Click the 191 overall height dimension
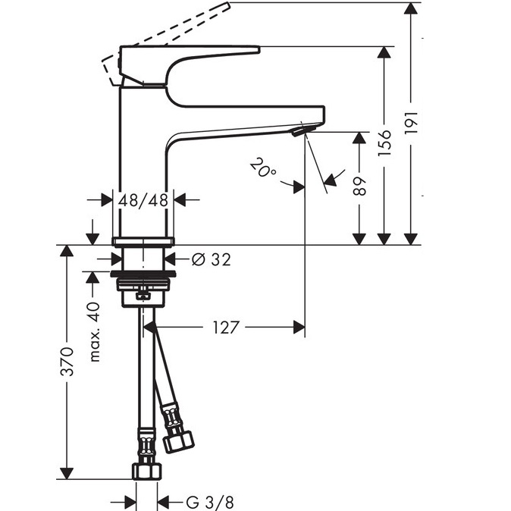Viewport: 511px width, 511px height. pyautogui.click(x=411, y=122)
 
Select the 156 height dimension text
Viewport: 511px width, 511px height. pyautogui.click(x=384, y=143)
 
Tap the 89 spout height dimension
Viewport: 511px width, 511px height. pyautogui.click(x=359, y=186)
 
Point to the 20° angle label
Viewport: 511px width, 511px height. pyautogui.click(x=263, y=168)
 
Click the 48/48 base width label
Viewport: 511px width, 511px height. pyautogui.click(x=143, y=199)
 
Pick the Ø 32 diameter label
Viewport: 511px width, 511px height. pyautogui.click(x=211, y=259)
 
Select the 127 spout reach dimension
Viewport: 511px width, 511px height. pyautogui.click(x=226, y=328)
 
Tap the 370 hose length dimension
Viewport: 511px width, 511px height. pyautogui.click(x=67, y=362)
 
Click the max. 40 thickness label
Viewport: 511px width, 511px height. pyautogui.click(x=94, y=332)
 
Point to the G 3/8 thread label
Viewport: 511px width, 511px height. pyautogui.click(x=210, y=502)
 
